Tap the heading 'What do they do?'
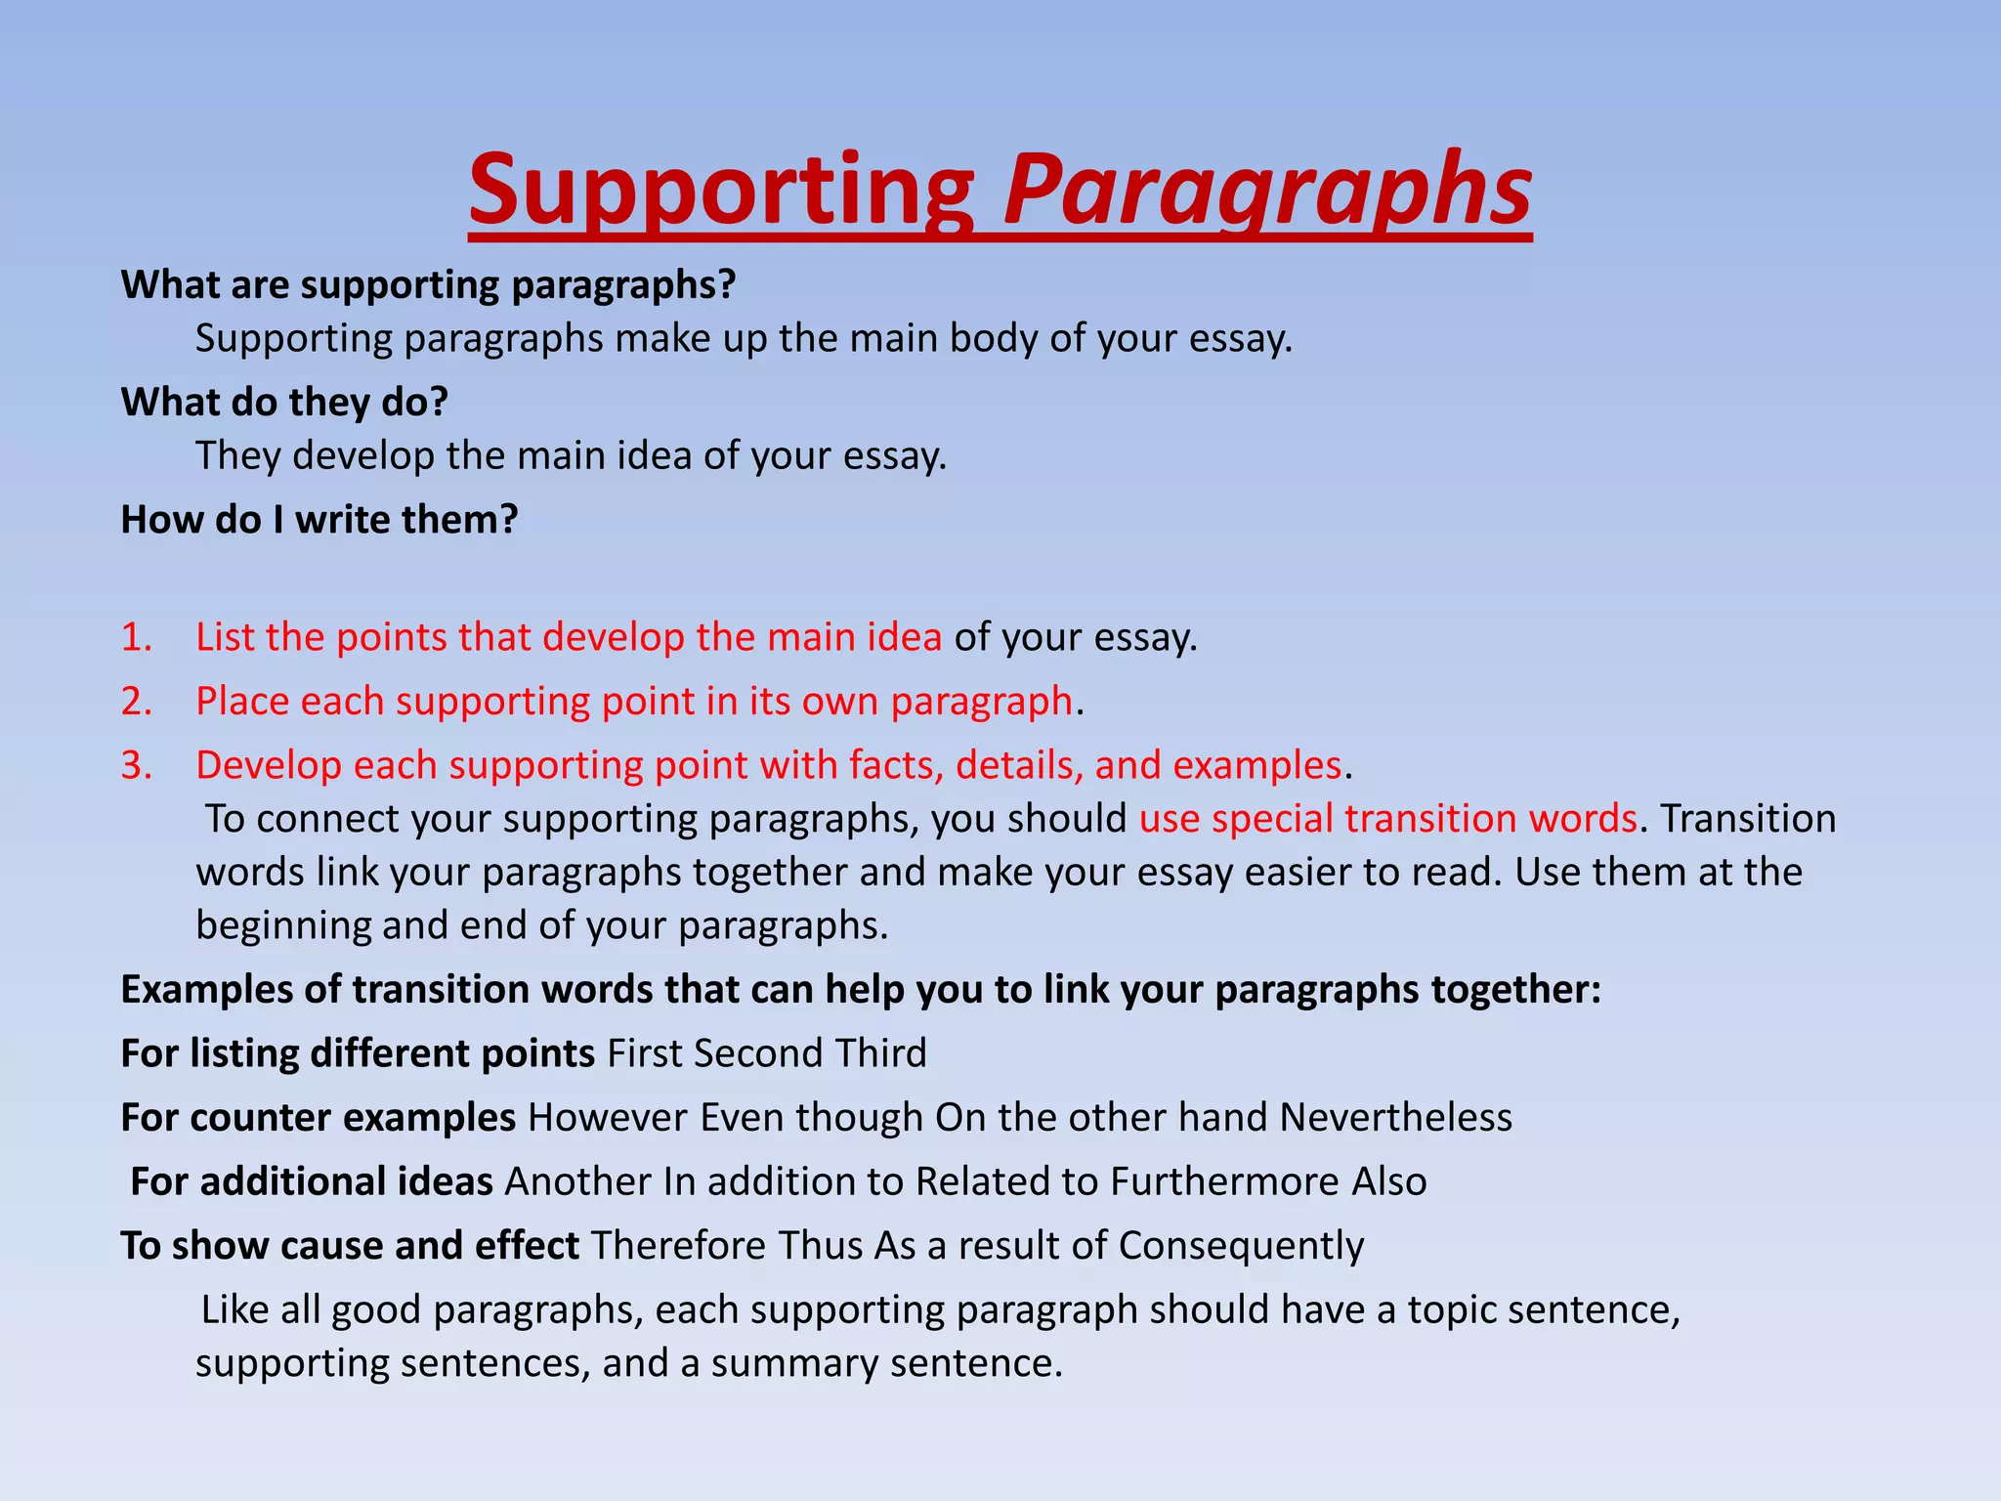284,402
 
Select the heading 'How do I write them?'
319,519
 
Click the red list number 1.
137,637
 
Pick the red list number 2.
137,701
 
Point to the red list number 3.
137,764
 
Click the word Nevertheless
1395,1117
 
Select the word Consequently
1241,1245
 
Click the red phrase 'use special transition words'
1387,818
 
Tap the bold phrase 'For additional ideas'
312,1181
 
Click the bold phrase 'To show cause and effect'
350,1245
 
